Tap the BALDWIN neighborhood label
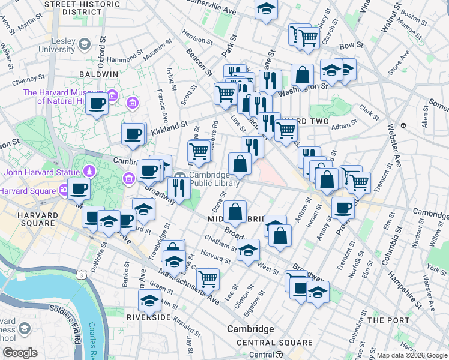98,74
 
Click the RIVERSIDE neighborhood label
150,316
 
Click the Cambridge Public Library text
214,179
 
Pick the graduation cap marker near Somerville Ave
266,8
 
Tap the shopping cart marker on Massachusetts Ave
208,278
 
